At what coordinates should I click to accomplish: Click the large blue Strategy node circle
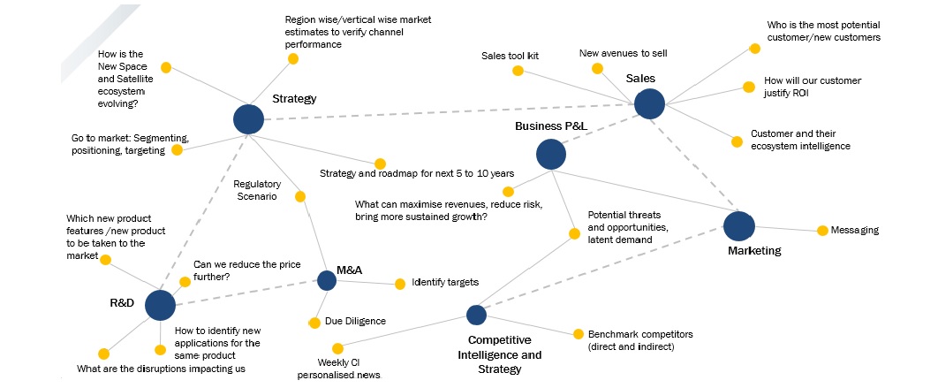point(249,119)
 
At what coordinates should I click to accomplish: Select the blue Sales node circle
point(649,103)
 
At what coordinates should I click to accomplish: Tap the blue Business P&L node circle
point(551,155)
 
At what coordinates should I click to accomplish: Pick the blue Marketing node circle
point(739,226)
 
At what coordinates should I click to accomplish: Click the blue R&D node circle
point(160,304)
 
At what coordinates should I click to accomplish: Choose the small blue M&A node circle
point(326,280)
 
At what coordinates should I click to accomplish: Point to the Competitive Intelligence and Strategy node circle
point(476,315)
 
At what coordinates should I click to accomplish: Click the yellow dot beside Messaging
point(821,231)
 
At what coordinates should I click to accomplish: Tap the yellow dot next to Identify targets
point(400,284)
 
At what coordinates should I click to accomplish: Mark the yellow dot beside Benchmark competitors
point(579,334)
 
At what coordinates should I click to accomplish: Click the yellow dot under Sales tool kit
point(518,70)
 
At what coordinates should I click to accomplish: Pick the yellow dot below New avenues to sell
point(598,68)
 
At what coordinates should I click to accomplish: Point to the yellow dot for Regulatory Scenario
point(300,196)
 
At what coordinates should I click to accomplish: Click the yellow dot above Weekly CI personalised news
point(337,348)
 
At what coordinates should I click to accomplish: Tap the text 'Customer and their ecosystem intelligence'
point(800,140)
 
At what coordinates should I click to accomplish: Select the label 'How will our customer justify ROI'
point(813,86)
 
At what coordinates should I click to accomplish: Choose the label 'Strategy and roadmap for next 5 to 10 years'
point(417,173)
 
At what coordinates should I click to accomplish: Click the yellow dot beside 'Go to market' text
point(177,149)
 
